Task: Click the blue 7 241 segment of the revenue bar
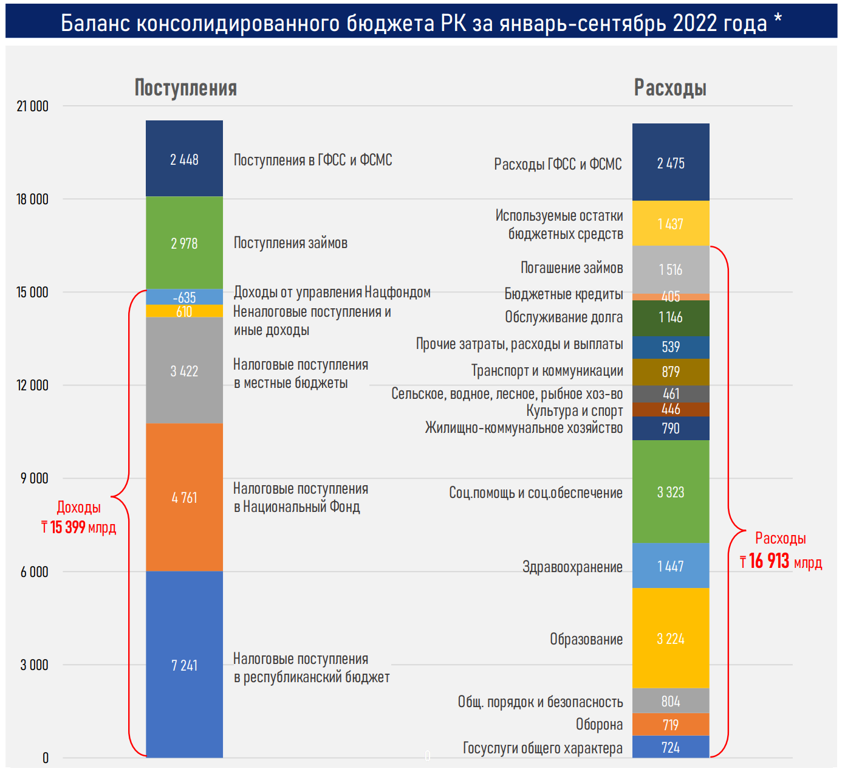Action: click(184, 665)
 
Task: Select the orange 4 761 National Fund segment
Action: click(184, 497)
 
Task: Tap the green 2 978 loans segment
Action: click(184, 243)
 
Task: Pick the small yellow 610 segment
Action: click(184, 311)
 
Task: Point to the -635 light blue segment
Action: click(184, 297)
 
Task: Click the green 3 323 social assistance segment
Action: click(671, 492)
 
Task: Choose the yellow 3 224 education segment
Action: click(671, 638)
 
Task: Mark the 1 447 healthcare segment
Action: click(671, 566)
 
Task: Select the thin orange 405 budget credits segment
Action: click(671, 297)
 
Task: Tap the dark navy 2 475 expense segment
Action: click(671, 163)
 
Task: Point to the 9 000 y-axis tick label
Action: click(35, 479)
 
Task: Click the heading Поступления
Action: click(185, 88)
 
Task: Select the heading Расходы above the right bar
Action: click(670, 88)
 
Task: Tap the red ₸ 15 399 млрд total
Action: click(78, 527)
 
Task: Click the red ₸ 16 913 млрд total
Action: click(781, 561)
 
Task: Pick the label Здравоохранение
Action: click(572, 567)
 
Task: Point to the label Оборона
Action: click(599, 725)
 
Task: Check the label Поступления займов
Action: click(290, 243)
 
